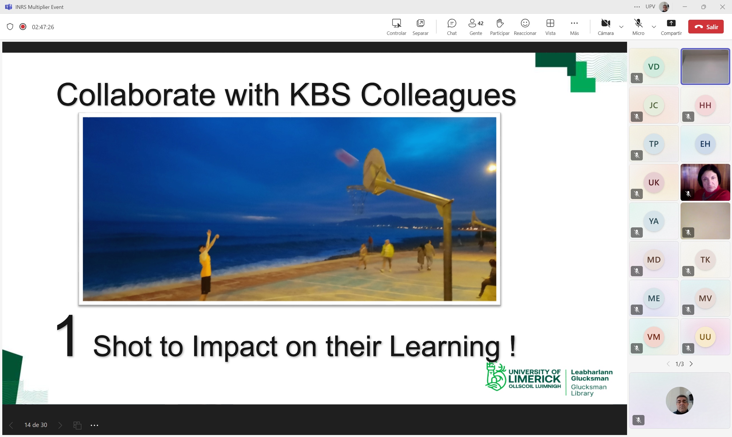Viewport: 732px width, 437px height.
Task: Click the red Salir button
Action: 705,27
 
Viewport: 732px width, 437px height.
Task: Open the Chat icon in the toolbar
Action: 451,23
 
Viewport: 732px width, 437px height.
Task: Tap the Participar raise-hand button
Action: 500,23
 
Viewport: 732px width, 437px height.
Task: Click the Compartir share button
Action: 671,23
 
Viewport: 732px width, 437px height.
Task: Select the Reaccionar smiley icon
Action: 525,23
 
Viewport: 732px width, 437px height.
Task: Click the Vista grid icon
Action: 550,23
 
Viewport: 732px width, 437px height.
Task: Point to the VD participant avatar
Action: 654,67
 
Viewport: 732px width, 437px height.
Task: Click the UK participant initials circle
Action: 654,182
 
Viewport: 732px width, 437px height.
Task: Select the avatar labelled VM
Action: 654,337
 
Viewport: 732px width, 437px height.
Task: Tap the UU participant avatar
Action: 705,337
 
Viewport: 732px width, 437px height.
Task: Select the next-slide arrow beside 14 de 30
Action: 60,425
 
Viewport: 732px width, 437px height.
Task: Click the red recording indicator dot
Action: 23,27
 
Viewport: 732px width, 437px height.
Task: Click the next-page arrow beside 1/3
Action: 691,364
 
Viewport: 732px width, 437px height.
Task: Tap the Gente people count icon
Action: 476,23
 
